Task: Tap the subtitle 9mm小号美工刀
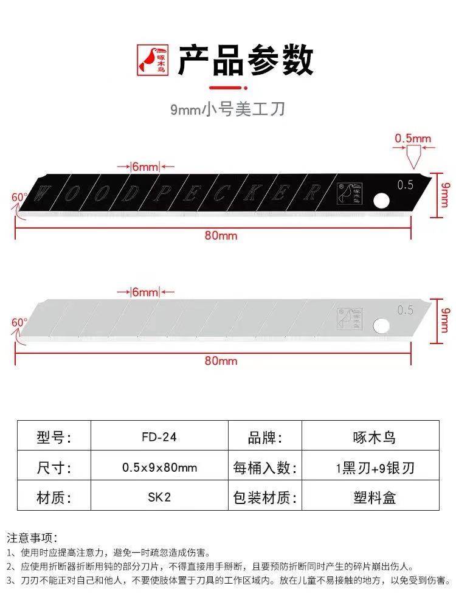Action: click(227, 109)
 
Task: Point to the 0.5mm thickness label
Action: click(412, 139)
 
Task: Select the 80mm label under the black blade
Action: click(221, 235)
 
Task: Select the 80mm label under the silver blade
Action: click(221, 361)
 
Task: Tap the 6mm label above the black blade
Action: click(145, 166)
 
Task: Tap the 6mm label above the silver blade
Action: click(145, 292)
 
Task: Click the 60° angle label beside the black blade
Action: click(19, 197)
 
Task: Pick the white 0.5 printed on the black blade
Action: click(405, 185)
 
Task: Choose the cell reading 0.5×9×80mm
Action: click(159, 467)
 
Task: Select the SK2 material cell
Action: click(159, 496)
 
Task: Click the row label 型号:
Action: click(54, 437)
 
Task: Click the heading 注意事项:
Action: click(32, 537)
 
